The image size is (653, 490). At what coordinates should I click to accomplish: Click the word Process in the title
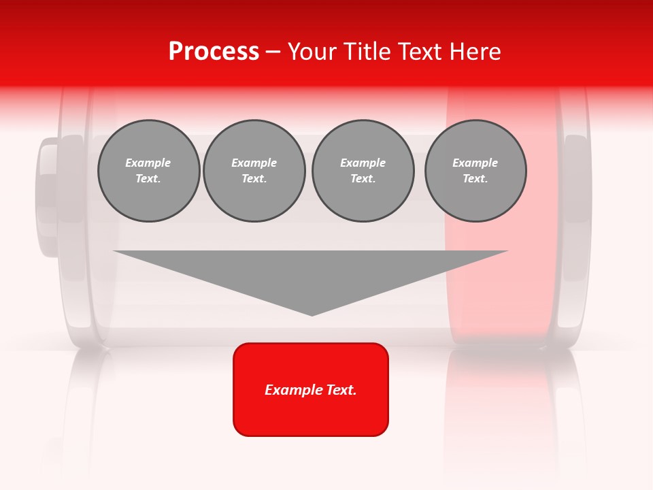click(x=214, y=52)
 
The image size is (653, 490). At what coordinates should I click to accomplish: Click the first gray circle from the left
click(x=149, y=171)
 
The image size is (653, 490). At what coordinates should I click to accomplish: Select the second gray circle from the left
click(x=254, y=171)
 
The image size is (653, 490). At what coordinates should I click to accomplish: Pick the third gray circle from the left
click(x=363, y=171)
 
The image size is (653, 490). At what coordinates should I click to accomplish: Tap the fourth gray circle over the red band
click(x=475, y=171)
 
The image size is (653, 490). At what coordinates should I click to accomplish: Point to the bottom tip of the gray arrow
click(x=312, y=314)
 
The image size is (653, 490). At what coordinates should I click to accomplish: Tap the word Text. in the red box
click(x=342, y=390)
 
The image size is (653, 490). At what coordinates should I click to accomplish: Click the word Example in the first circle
click(x=148, y=163)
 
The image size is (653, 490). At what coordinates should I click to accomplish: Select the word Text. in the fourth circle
click(x=475, y=179)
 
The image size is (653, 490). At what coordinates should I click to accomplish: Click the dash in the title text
click(x=273, y=52)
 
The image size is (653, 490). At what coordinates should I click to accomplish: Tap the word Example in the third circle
click(x=363, y=163)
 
